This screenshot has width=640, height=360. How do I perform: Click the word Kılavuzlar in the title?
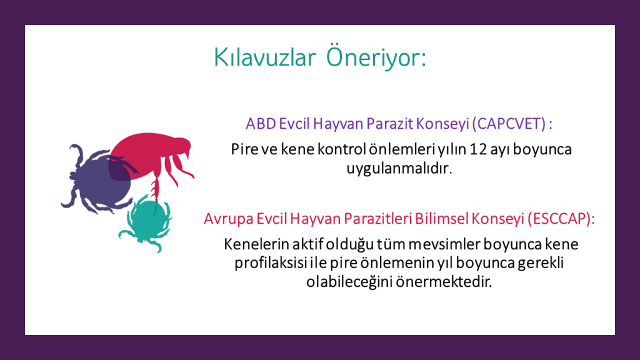point(265,57)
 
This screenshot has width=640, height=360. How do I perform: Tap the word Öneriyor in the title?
point(376,56)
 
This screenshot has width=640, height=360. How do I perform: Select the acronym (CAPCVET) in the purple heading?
point(509,124)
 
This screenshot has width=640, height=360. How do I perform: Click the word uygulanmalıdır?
point(399,168)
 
